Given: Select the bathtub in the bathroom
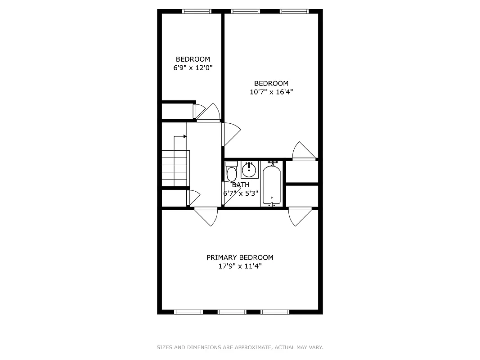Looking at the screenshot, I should [272, 185].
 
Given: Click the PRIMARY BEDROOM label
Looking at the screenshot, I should [240, 257].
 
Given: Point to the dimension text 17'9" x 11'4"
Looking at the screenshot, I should [240, 266].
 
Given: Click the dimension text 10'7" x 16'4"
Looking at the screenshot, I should [271, 92].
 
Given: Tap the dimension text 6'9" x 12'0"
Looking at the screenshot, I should [193, 67].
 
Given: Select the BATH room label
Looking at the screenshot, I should [241, 184].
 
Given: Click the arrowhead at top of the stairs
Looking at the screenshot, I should [184, 136].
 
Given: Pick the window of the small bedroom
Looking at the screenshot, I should [197, 11].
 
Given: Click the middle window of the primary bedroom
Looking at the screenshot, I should [232, 311].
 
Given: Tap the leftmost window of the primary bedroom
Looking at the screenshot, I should [188, 311].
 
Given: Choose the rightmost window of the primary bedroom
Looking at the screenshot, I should [275, 311].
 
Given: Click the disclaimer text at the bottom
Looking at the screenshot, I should [240, 347].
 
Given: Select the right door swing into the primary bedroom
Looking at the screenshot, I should [299, 216].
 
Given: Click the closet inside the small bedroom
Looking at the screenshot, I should [177, 111].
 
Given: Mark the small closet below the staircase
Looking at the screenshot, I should [174, 198].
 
